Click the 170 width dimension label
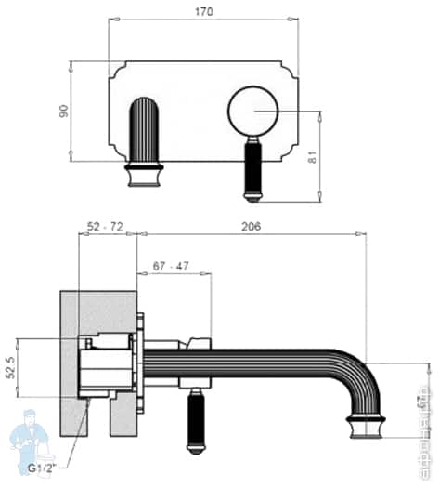[204, 12]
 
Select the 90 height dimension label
[64, 111]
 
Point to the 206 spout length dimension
[250, 226]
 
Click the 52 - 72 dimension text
[105, 226]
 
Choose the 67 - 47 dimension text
[170, 266]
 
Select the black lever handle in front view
[254, 170]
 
